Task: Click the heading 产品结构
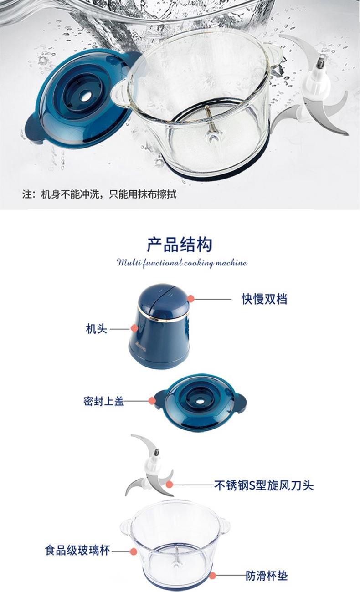pyautogui.click(x=180, y=245)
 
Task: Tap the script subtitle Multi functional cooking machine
pyautogui.click(x=182, y=263)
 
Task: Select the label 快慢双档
pyautogui.click(x=264, y=299)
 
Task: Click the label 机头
pyautogui.click(x=97, y=329)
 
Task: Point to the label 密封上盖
pyautogui.click(x=104, y=401)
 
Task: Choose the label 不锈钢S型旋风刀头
pyautogui.click(x=264, y=485)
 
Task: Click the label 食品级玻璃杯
pyautogui.click(x=77, y=551)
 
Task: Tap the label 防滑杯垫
pyautogui.click(x=267, y=576)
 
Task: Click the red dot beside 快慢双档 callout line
pyautogui.click(x=191, y=299)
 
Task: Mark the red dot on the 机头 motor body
pyautogui.click(x=134, y=328)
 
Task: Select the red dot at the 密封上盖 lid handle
pyautogui.click(x=152, y=401)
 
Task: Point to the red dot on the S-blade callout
pyautogui.click(x=170, y=485)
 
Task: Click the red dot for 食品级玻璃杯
pyautogui.click(x=134, y=551)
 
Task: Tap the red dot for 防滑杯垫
pyautogui.click(x=212, y=575)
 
